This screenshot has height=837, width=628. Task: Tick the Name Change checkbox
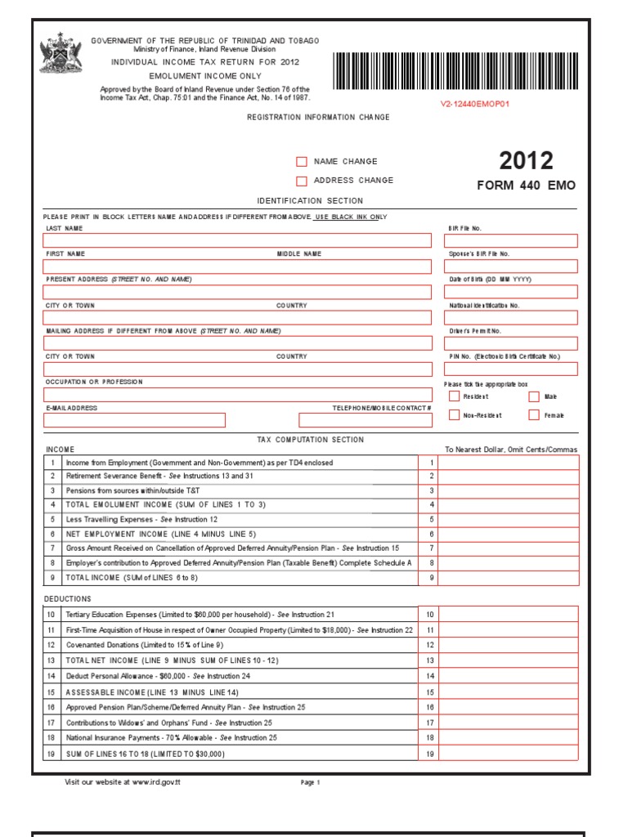pos(302,162)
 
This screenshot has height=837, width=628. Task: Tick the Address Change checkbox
pos(302,181)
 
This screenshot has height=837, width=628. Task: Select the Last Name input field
pos(237,240)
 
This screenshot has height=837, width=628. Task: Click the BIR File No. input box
pos(510,240)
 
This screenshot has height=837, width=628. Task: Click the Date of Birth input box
pos(510,292)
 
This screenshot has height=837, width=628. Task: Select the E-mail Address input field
pos(134,420)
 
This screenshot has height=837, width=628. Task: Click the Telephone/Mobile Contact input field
pos(365,420)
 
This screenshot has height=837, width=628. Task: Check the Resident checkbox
pos(454,396)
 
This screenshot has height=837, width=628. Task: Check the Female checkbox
pos(534,415)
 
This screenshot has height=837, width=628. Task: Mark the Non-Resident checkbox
pos(454,415)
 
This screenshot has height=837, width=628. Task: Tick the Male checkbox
pos(534,396)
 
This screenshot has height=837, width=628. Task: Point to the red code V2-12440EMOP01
pos(475,105)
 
